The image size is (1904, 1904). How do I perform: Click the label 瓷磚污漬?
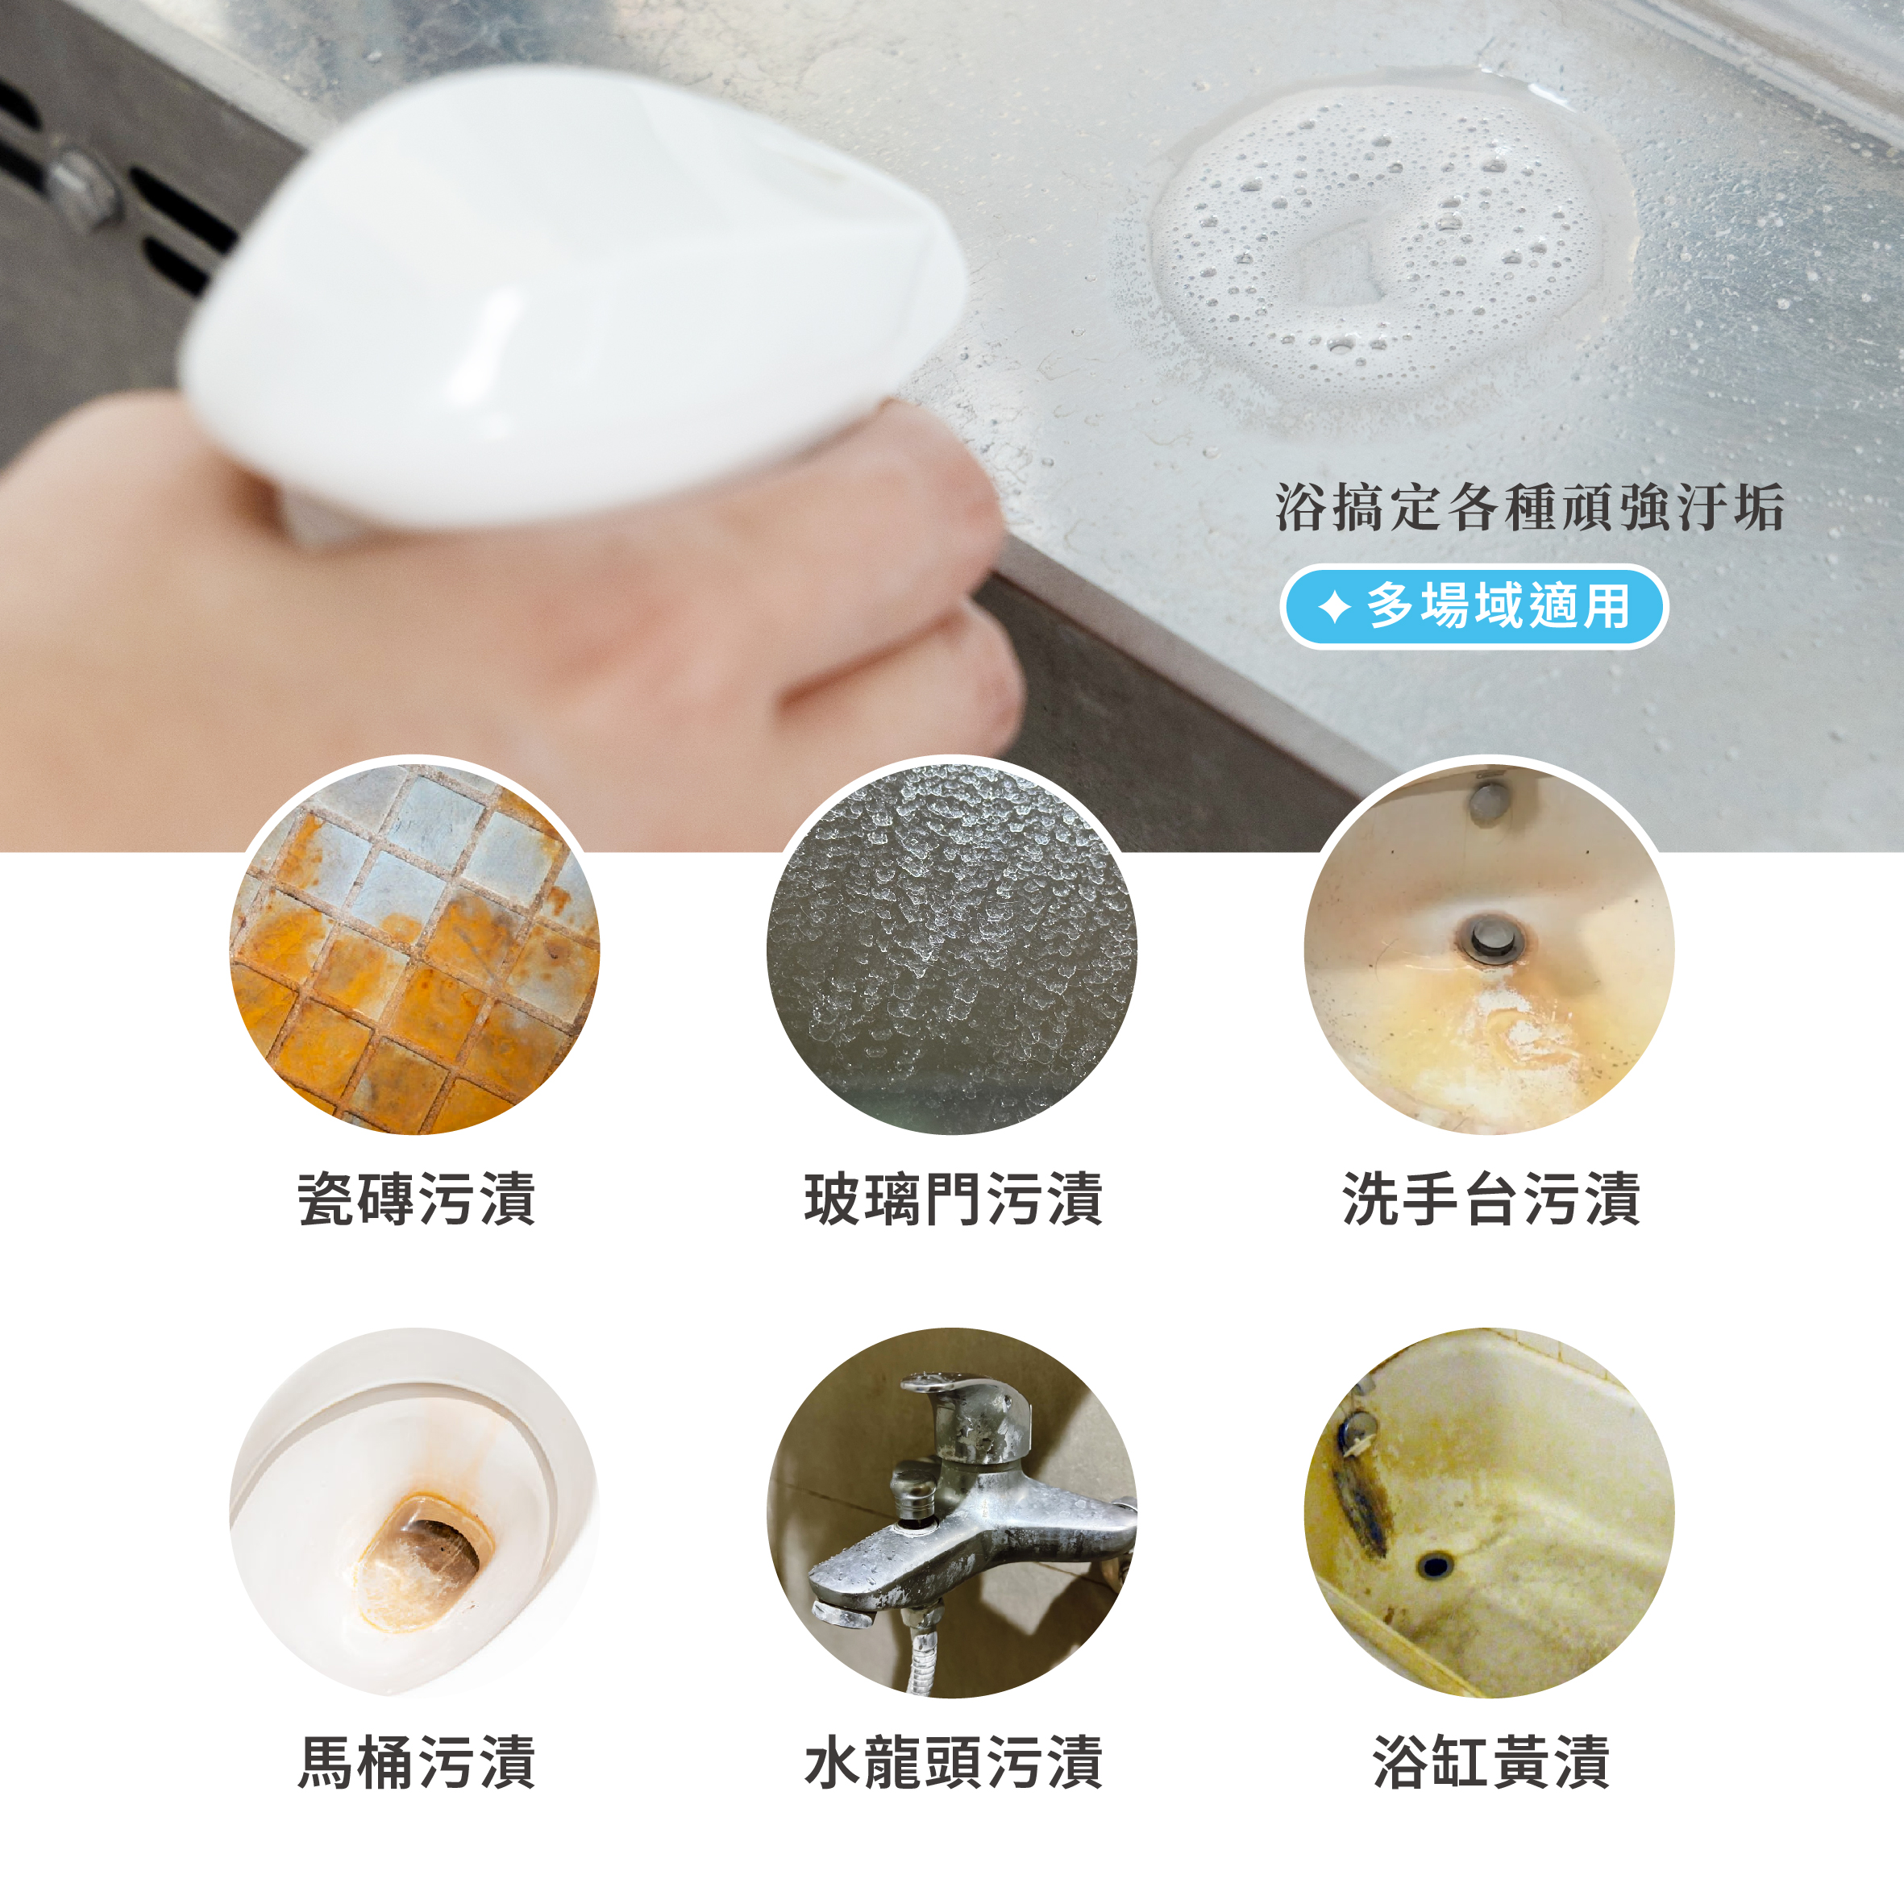(417, 1199)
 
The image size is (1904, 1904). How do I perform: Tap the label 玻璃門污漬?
(954, 1199)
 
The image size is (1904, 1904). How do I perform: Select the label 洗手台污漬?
(1491, 1199)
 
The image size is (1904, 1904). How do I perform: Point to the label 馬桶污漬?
(417, 1762)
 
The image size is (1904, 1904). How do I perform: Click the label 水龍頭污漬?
(954, 1762)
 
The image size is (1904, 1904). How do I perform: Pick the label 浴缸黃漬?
(1491, 1762)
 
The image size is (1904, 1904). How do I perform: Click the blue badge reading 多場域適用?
(1474, 606)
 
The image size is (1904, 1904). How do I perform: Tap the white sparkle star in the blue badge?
(1333, 606)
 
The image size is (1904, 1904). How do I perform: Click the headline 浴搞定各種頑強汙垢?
(1529, 509)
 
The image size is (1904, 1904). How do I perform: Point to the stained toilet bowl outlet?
(424, 1558)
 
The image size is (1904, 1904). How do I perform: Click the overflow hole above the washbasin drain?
(1489, 801)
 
